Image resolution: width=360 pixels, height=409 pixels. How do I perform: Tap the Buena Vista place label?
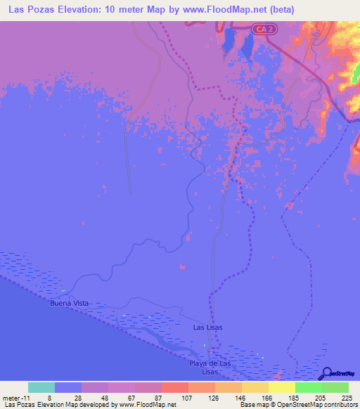(70, 303)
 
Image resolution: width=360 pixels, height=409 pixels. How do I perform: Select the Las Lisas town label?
(208, 327)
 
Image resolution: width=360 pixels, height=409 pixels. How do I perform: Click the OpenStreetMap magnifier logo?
(328, 373)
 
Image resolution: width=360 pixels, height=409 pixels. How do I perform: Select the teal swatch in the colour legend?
(41, 387)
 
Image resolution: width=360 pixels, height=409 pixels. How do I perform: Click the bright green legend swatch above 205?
(308, 387)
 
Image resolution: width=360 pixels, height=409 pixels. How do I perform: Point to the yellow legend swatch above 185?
(281, 387)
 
